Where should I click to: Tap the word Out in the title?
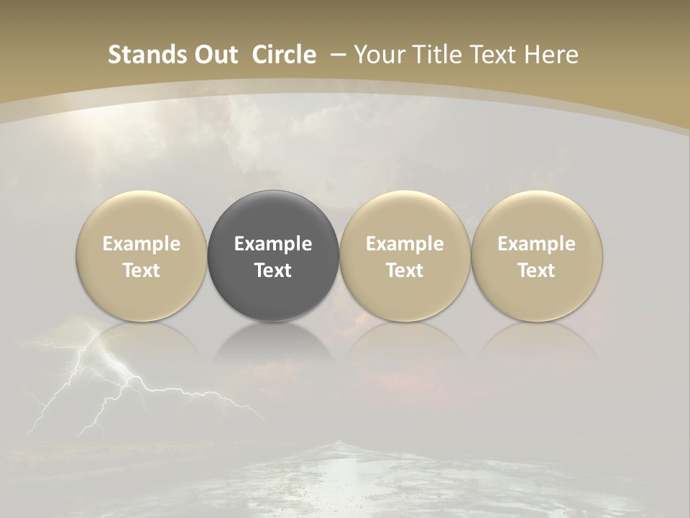pos(215,55)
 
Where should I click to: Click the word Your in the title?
pos(379,55)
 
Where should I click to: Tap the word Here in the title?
pos(551,55)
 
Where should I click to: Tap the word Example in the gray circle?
pos(273,244)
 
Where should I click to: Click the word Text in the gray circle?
pos(273,271)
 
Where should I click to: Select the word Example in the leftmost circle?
pos(142,244)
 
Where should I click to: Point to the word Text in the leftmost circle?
pos(142,271)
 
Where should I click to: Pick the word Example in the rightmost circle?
pos(537,244)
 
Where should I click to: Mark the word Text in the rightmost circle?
pos(537,271)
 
